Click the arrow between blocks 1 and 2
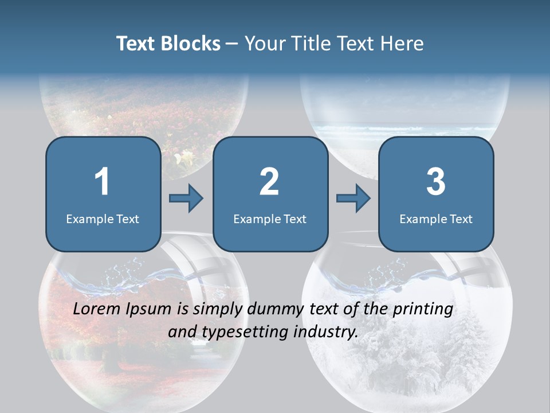(x=187, y=198)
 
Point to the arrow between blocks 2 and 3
(x=353, y=198)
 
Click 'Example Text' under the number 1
(x=103, y=219)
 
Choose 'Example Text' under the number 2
(x=270, y=219)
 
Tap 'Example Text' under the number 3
(x=436, y=219)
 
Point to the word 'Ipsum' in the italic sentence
(x=150, y=310)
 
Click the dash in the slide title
(x=232, y=44)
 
